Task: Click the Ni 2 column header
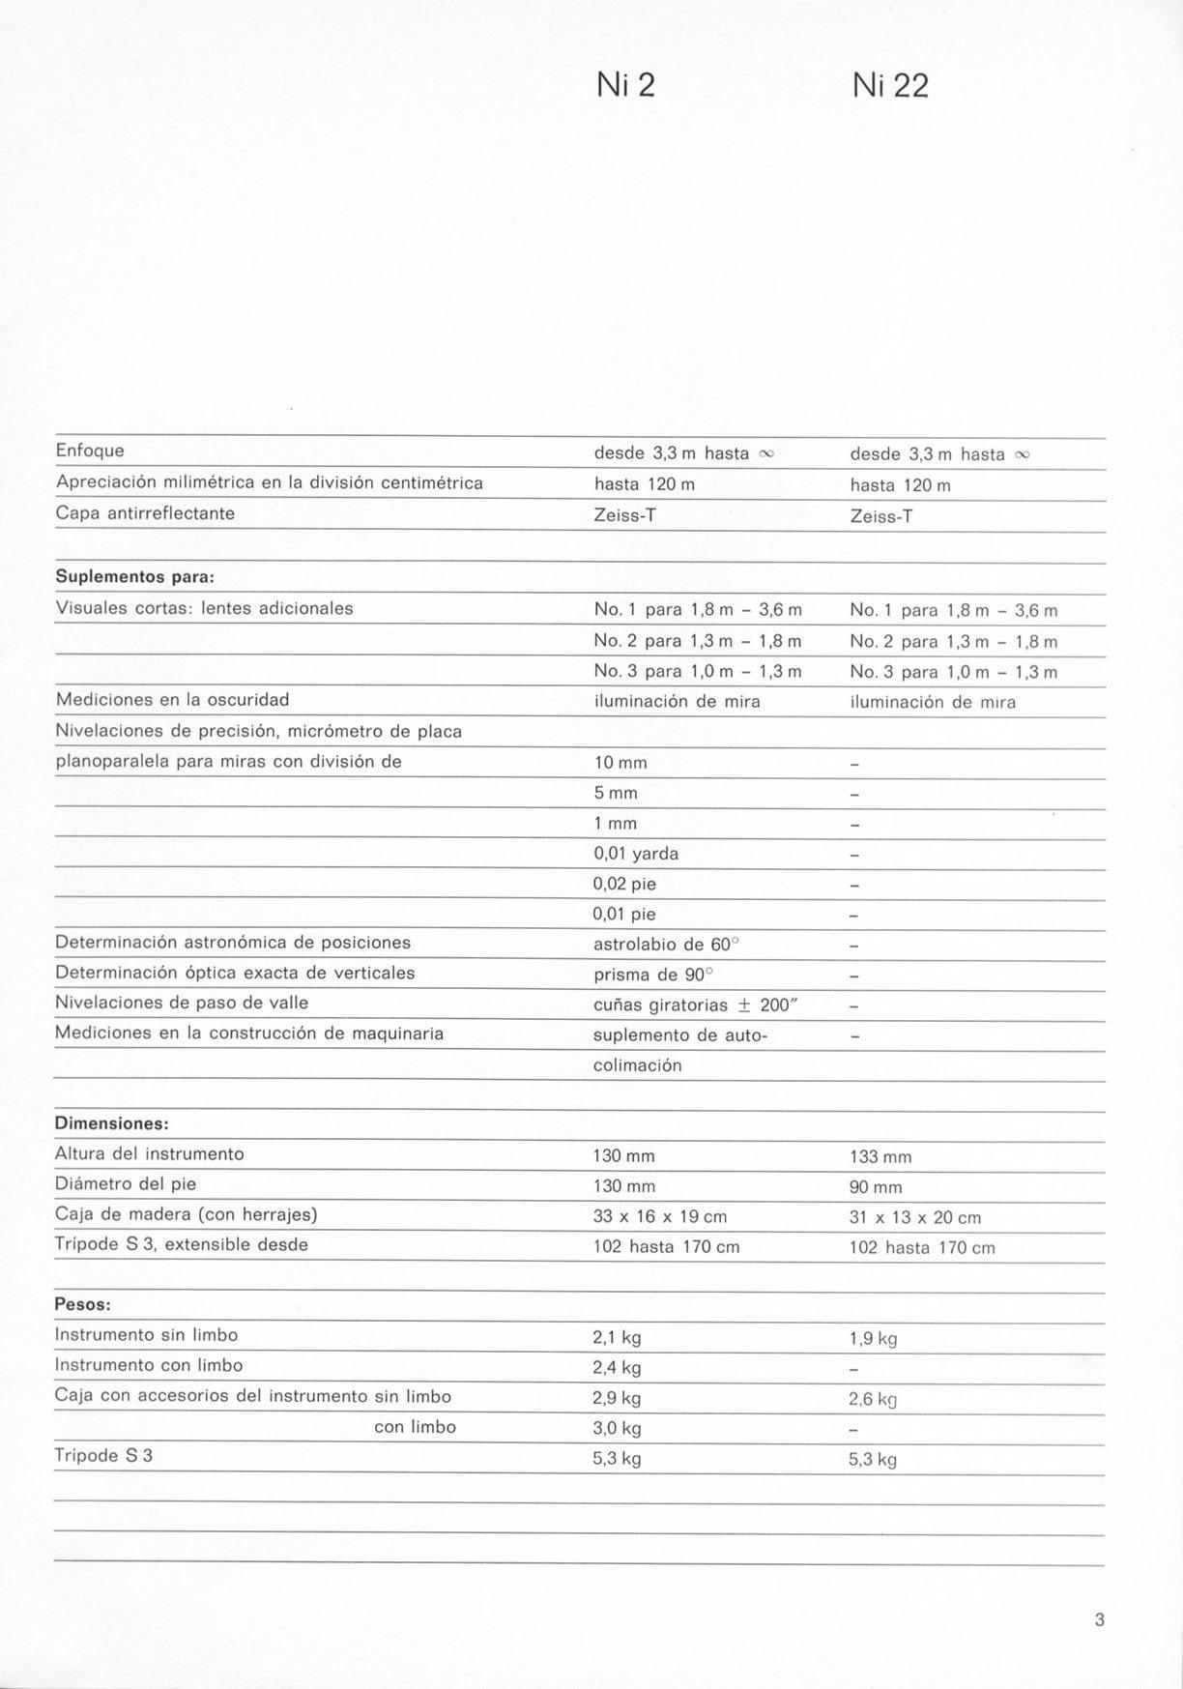coord(626,86)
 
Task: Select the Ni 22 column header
coord(890,87)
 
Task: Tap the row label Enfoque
coord(90,451)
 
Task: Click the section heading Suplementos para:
coord(134,577)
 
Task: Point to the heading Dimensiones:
coord(112,1123)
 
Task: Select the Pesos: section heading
coord(83,1304)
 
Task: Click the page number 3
coord(1099,1619)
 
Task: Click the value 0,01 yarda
coord(636,854)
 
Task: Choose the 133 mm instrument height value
coord(880,1157)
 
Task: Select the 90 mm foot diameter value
coord(876,1187)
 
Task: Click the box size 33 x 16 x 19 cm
coord(660,1217)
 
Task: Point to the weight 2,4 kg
coord(617,1368)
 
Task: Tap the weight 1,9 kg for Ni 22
coord(873,1339)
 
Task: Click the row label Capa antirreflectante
coord(145,513)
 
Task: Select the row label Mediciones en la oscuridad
coord(172,699)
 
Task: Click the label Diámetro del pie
coord(126,1183)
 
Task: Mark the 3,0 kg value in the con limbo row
coord(617,1428)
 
